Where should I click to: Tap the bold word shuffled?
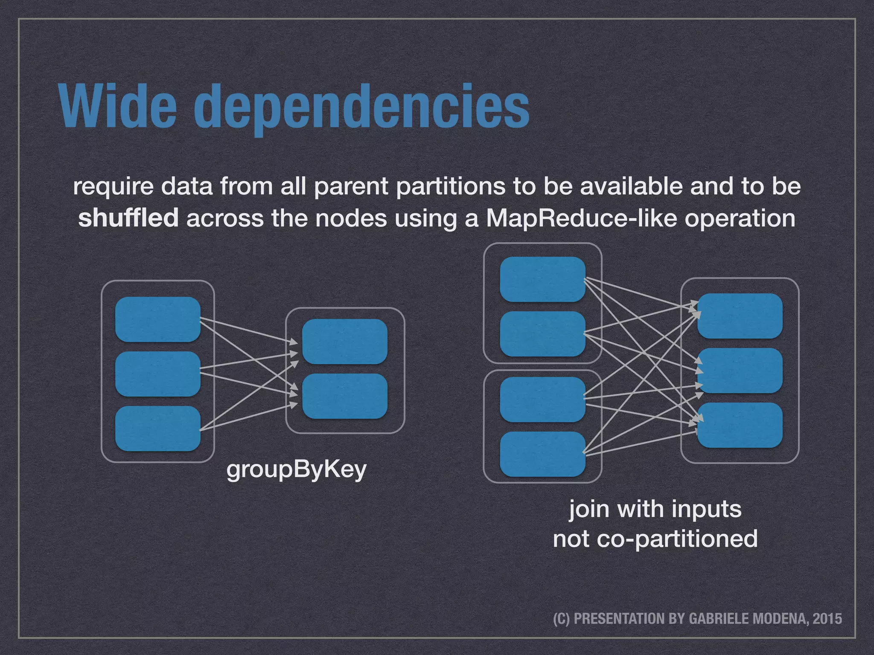click(128, 218)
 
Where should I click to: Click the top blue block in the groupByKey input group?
click(158, 319)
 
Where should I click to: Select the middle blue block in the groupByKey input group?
click(158, 374)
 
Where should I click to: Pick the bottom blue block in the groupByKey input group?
click(158, 429)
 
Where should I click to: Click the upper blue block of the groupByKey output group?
click(344, 342)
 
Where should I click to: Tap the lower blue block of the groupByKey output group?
click(344, 396)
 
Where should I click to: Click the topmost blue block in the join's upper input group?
click(542, 279)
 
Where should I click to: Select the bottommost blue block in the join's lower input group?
click(542, 454)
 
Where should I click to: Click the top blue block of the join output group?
click(740, 316)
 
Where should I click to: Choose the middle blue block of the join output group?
click(740, 371)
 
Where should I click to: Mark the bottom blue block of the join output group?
click(740, 425)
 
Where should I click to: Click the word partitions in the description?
click(452, 187)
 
